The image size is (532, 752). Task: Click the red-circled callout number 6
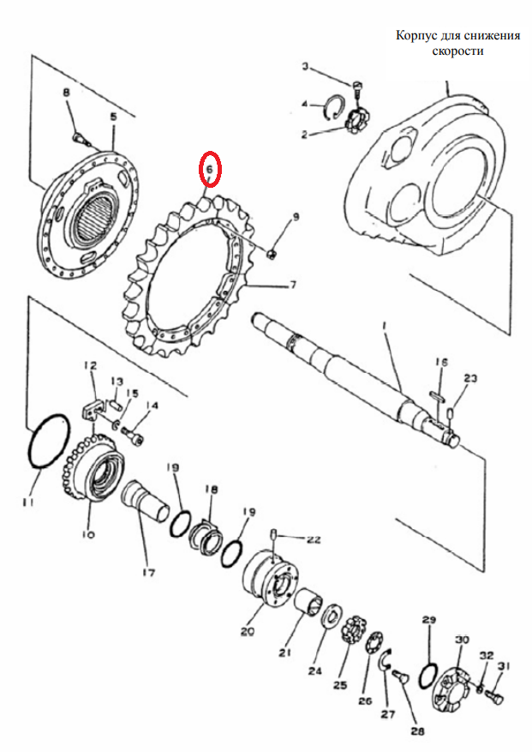tap(209, 169)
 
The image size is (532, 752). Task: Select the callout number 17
tap(148, 572)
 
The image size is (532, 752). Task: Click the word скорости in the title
tap(457, 51)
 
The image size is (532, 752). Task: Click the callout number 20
tap(248, 632)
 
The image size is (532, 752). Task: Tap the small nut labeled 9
tap(271, 253)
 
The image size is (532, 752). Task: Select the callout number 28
tap(417, 731)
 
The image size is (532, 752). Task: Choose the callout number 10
tap(89, 534)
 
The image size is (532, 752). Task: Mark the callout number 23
tap(470, 379)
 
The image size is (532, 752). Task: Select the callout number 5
tap(113, 117)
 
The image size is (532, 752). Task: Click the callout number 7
tap(292, 285)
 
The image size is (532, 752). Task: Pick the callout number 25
tap(340, 685)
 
